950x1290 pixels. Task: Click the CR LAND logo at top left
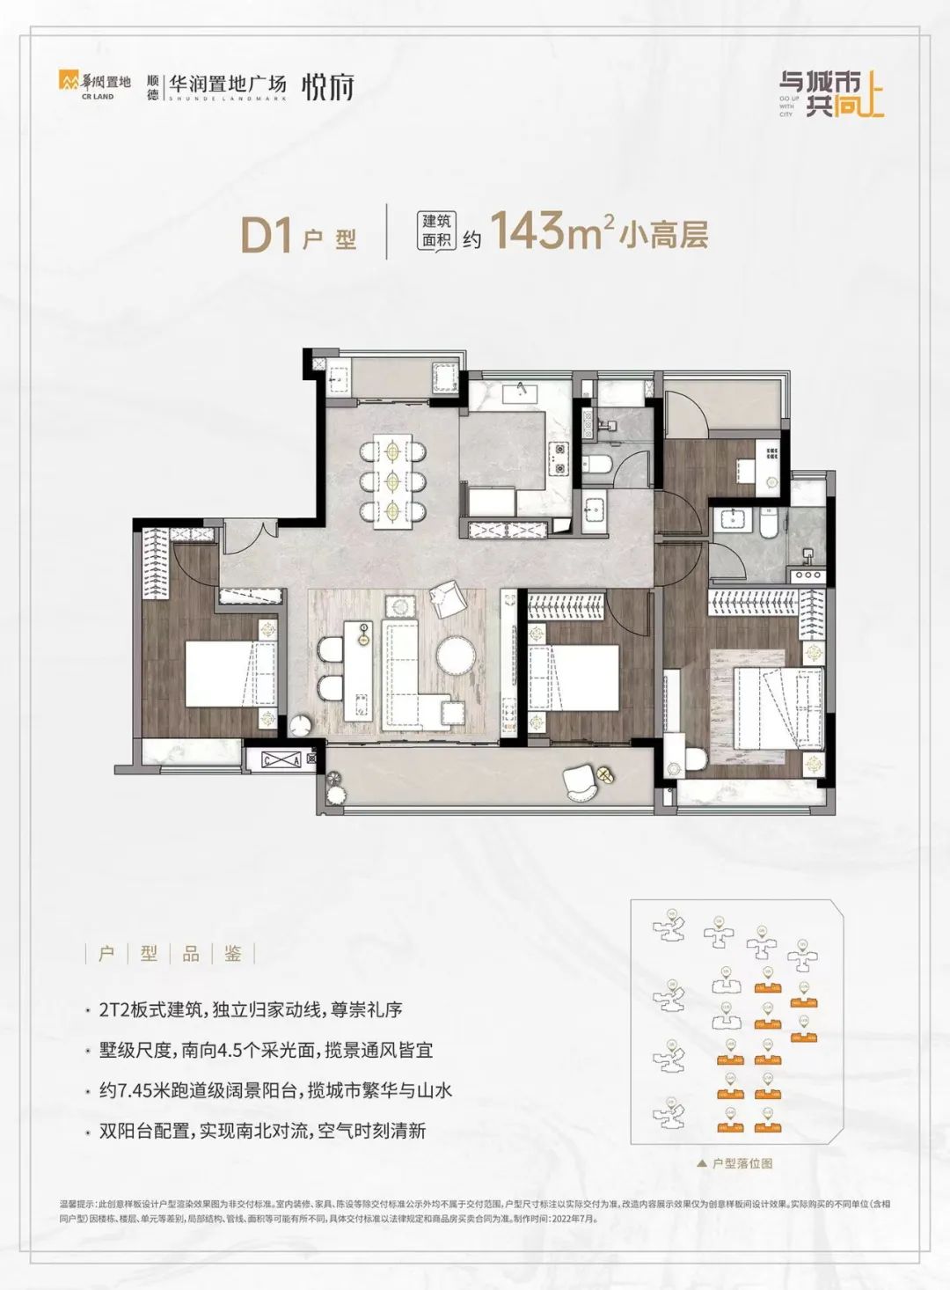(94, 84)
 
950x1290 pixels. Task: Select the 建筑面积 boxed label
(436, 231)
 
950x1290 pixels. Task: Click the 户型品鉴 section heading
(170, 954)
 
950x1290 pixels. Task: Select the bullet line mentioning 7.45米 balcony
(275, 1090)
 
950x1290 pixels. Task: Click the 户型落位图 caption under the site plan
(740, 1163)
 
